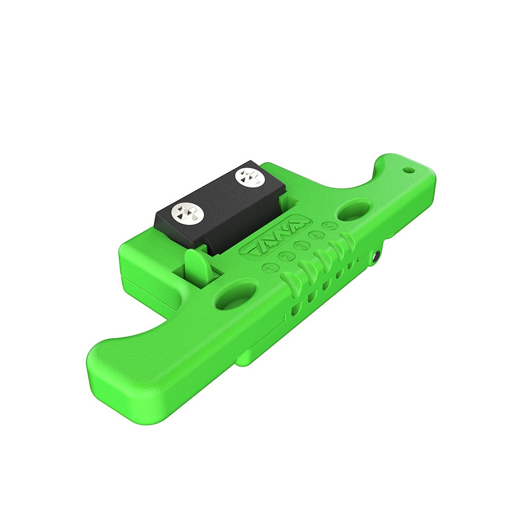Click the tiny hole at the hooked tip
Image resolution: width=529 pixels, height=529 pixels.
point(409,171)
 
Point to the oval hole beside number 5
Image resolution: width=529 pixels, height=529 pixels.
point(356,209)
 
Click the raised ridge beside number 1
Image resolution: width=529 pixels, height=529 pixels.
point(292,279)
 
